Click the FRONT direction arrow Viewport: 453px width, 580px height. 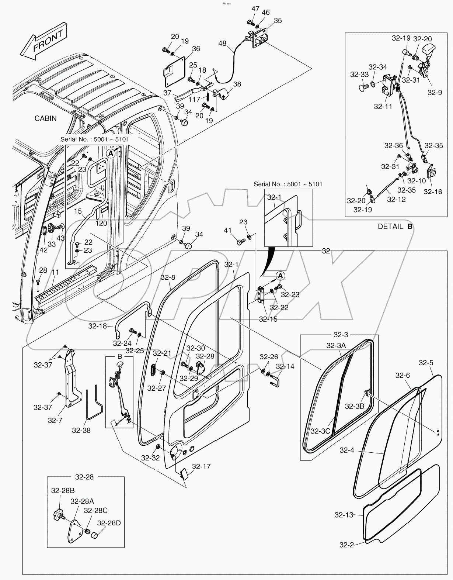coord(43,41)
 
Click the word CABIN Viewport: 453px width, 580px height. coord(46,118)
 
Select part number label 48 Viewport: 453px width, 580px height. coord(222,43)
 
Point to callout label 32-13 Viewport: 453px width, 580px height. coord(344,515)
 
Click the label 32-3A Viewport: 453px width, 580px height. coord(336,345)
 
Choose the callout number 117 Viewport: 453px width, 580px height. coord(194,100)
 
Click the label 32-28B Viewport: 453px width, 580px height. coord(63,490)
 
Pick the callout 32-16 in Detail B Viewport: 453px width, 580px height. coord(432,191)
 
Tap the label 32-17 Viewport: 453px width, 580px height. coord(201,466)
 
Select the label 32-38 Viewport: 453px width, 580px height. coord(81,430)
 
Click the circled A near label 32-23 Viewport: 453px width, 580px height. coord(280,276)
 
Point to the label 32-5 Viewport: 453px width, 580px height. coord(426,363)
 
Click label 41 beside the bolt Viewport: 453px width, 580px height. coord(228,230)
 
